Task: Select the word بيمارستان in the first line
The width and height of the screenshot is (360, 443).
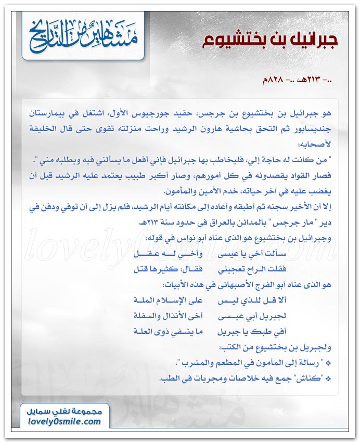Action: point(46,112)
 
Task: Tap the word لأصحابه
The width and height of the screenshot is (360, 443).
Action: point(320,141)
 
